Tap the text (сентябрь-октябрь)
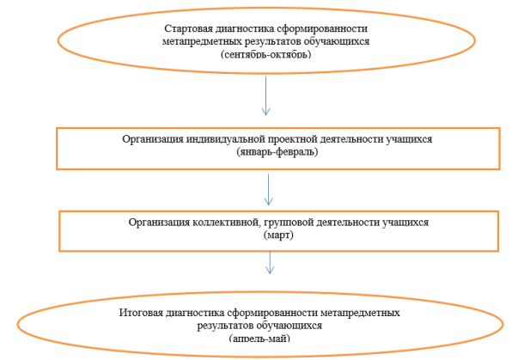coord(266,54)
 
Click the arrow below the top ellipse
coord(266,96)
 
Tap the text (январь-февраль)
coord(277,152)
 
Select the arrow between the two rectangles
coord(268,190)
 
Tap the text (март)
coord(278,235)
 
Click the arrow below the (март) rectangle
coord(270,263)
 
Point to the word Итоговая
coord(141,313)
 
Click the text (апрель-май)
coord(259,339)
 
